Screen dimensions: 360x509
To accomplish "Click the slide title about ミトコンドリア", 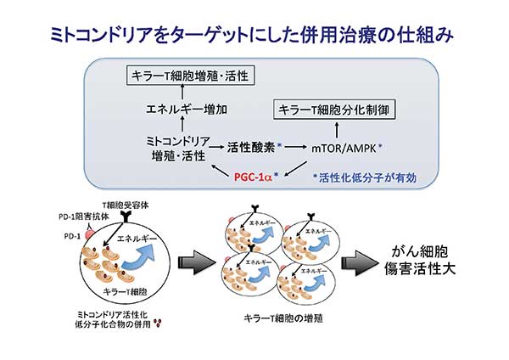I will tap(254, 34).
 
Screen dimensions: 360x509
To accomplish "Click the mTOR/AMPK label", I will tap(350, 147).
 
